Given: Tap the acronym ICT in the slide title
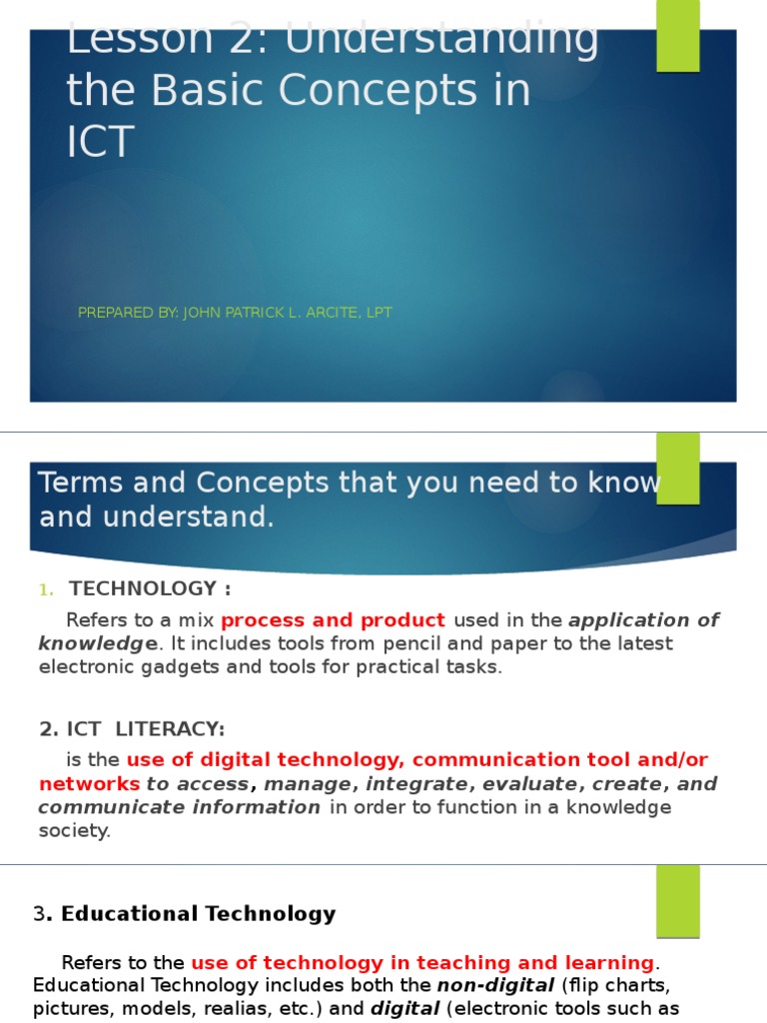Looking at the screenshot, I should tap(100, 143).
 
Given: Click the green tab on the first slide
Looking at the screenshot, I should tap(677, 36).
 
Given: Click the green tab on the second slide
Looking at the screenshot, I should tap(677, 468).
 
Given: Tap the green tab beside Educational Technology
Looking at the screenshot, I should tap(677, 900).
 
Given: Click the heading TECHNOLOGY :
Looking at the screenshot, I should tap(150, 588).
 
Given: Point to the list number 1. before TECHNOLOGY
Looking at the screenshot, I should tap(47, 589).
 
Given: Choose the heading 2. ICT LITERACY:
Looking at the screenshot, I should tap(132, 729).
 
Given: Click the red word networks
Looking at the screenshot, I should tap(89, 783).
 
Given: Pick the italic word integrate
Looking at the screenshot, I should tap(409, 783).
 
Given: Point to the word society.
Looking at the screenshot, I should tap(74, 830).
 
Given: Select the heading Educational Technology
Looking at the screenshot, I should tap(198, 913).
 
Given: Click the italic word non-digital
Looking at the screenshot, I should tap(495, 986).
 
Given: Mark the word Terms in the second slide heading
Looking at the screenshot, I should tap(80, 484).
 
